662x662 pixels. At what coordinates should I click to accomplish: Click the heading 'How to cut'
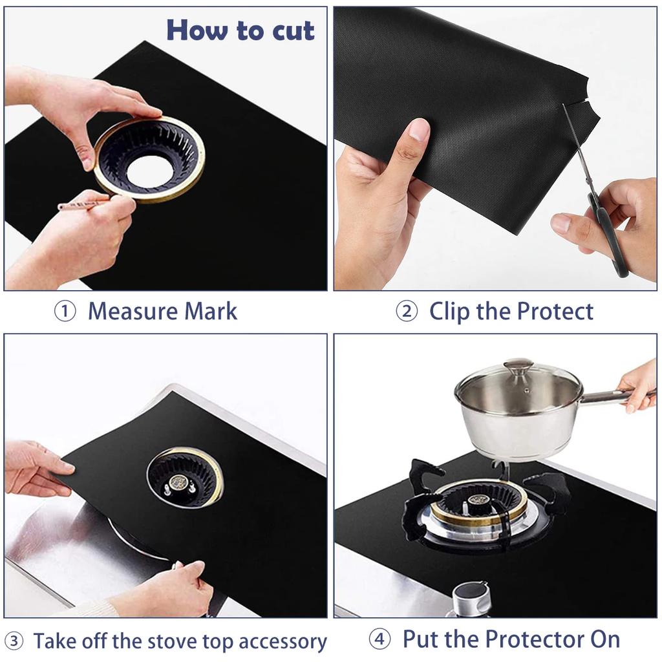240,30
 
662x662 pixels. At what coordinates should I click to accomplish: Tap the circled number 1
64,312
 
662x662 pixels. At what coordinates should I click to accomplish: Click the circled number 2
407,312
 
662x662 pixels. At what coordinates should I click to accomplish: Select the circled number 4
380,640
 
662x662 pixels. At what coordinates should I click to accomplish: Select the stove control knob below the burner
471,598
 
